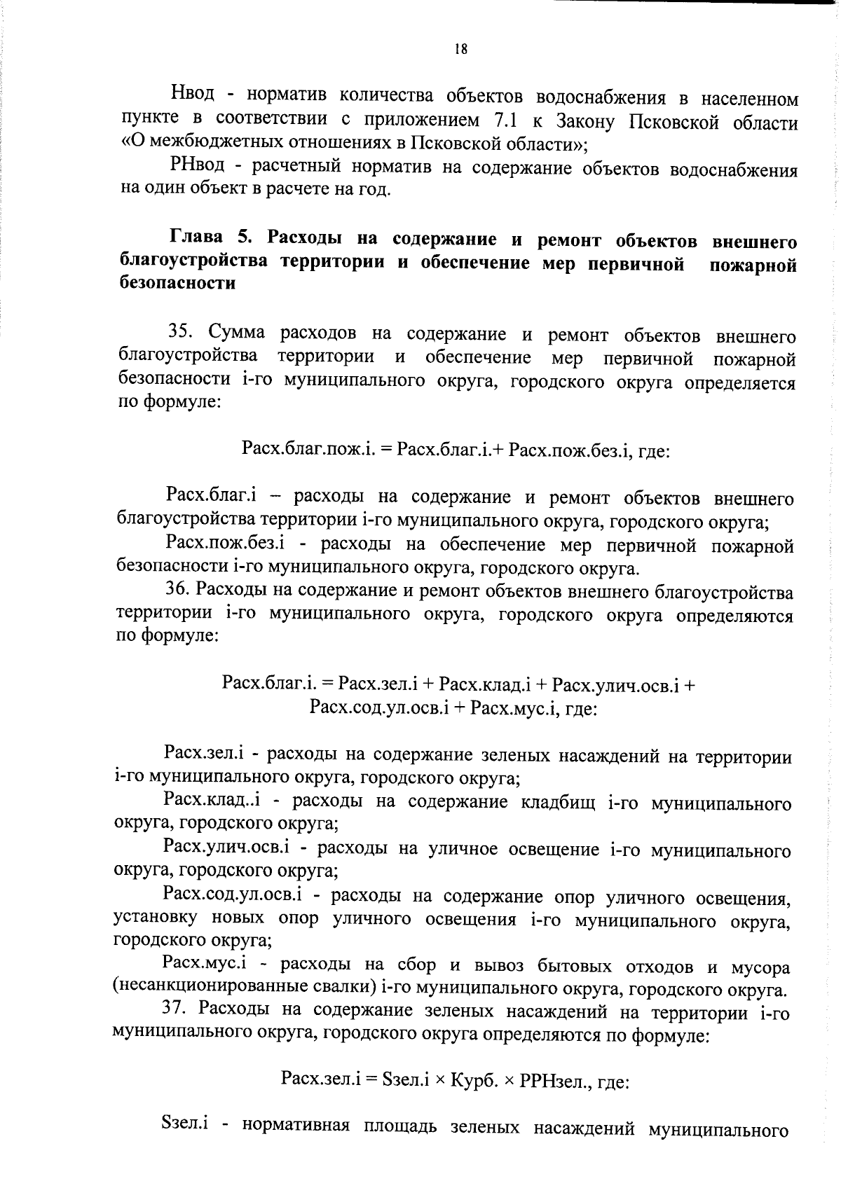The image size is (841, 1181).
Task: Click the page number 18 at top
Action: click(460, 48)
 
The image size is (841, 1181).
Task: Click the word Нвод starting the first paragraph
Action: click(192, 95)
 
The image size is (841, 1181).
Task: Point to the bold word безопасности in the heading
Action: click(177, 284)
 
